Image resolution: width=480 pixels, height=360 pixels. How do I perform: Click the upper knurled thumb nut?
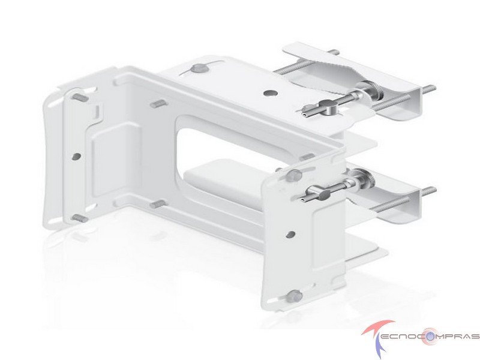(374, 91)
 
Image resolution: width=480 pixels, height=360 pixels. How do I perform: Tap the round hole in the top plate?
(270, 92)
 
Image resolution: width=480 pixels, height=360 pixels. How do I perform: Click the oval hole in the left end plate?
(76, 157)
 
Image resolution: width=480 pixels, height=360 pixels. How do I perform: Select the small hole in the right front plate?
(290, 235)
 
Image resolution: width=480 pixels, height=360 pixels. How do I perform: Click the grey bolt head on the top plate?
(200, 68)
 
